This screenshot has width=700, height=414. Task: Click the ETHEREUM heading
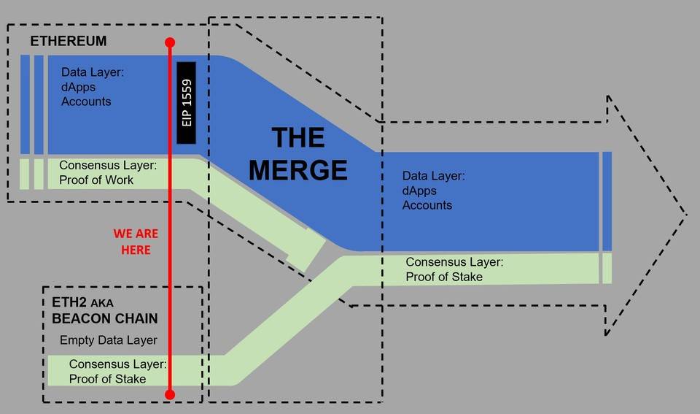pyautogui.click(x=68, y=42)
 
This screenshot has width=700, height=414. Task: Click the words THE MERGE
pyautogui.click(x=297, y=153)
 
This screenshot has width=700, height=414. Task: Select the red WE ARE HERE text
pyautogui.click(x=136, y=242)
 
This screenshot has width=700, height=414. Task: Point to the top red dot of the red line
pyautogui.click(x=170, y=42)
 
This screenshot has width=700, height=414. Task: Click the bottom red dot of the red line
pyautogui.click(x=170, y=394)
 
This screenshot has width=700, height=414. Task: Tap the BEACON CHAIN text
pyautogui.click(x=105, y=319)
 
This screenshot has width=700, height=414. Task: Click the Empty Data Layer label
pyautogui.click(x=108, y=340)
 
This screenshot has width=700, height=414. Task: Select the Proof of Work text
pyautogui.click(x=96, y=180)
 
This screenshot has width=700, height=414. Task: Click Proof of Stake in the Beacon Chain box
pyautogui.click(x=107, y=379)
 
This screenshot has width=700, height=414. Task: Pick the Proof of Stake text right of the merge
pyautogui.click(x=444, y=277)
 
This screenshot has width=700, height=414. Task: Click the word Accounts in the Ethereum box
pyautogui.click(x=86, y=101)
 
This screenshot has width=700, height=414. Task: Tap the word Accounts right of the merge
pyautogui.click(x=427, y=205)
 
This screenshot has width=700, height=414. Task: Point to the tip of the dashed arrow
pyautogui.click(x=685, y=215)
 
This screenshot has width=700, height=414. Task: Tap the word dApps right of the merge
pyautogui.click(x=419, y=191)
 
